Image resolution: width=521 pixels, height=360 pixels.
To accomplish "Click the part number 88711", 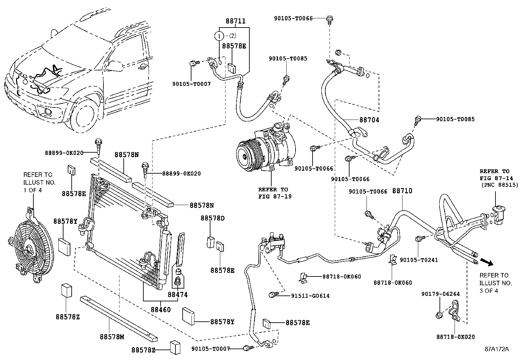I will [x=235, y=21].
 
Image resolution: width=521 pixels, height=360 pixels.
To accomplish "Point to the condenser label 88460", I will [x=161, y=310].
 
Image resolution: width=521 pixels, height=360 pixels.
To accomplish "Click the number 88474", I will [x=178, y=295].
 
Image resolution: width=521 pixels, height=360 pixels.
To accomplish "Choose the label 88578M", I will [x=111, y=337].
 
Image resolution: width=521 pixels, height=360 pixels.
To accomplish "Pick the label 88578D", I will [x=213, y=218].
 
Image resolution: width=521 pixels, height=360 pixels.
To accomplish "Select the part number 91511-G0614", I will [x=310, y=296].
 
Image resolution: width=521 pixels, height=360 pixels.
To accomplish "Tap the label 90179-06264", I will [x=440, y=294].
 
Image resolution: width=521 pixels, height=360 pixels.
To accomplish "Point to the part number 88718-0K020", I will [x=456, y=337].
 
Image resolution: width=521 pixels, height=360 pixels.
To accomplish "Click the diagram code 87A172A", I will [x=497, y=349].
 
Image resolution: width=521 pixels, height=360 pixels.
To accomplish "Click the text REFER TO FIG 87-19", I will [x=273, y=193].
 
